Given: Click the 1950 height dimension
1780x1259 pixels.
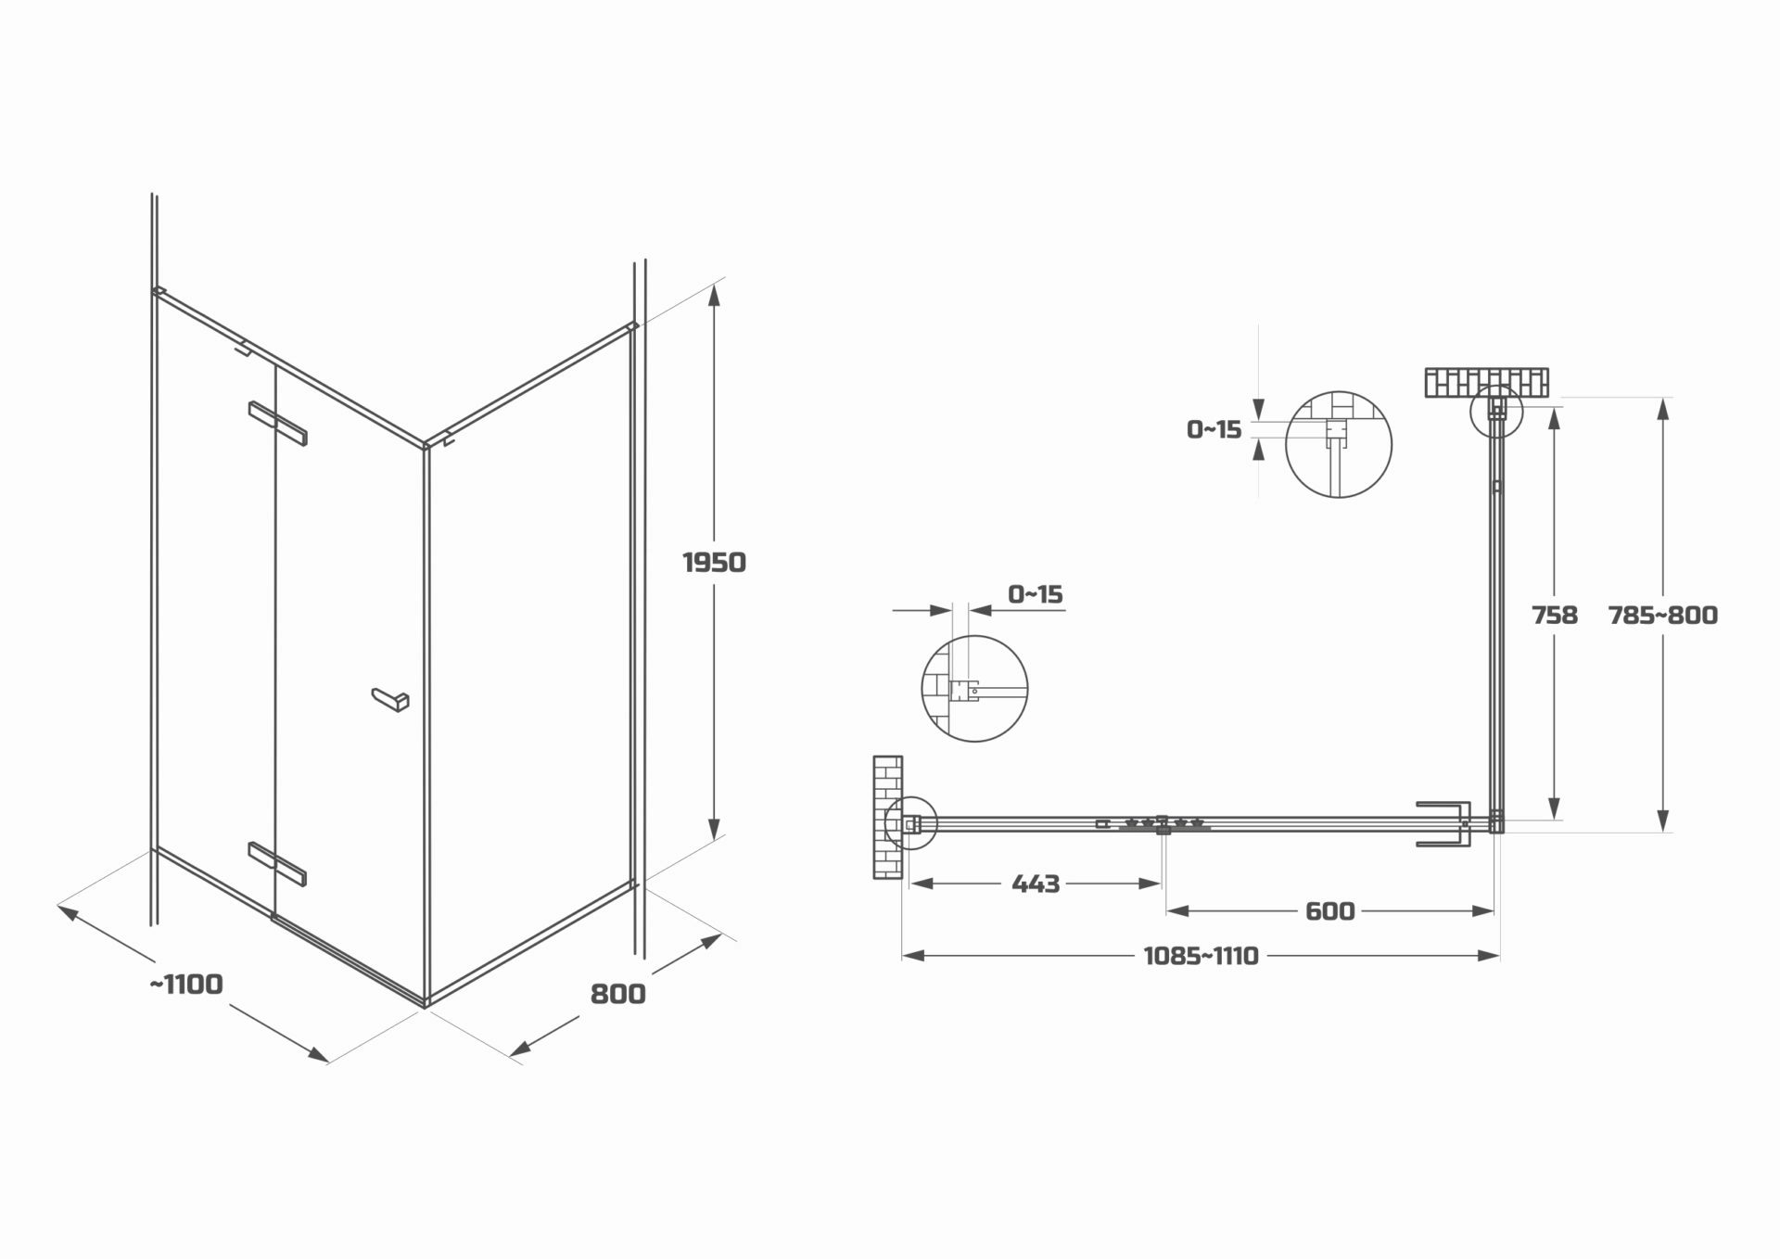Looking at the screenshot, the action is click(x=714, y=562).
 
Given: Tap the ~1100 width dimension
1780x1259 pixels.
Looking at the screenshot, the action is click(x=186, y=984).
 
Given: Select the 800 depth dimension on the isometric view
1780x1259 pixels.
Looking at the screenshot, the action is click(x=617, y=994).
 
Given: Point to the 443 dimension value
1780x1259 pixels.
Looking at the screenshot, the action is click(x=1036, y=884).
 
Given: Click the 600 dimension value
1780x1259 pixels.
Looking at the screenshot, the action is click(x=1330, y=911).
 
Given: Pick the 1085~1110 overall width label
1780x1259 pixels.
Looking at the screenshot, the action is click(x=1201, y=956).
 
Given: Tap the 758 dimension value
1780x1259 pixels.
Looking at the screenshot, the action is click(x=1555, y=615).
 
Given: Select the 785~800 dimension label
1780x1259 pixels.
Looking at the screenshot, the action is click(x=1663, y=615).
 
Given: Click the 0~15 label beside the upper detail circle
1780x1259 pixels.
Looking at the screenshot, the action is click(x=1214, y=429).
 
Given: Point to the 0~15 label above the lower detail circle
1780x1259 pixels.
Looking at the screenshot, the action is click(x=1036, y=593).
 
